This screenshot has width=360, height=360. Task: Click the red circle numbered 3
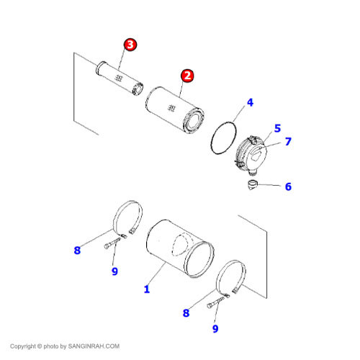pyautogui.click(x=130, y=45)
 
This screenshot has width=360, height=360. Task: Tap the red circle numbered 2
pyautogui.click(x=187, y=76)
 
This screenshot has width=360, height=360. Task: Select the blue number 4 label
pyautogui.click(x=250, y=102)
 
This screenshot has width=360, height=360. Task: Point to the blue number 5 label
pyautogui.click(x=277, y=128)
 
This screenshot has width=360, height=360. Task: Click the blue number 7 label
pyautogui.click(x=288, y=141)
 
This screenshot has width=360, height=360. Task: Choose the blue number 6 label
pyautogui.click(x=288, y=186)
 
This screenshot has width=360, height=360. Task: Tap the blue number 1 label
pyautogui.click(x=147, y=289)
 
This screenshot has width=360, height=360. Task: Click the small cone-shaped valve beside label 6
pyautogui.click(x=253, y=185)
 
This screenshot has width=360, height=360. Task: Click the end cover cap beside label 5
pyautogui.click(x=251, y=155)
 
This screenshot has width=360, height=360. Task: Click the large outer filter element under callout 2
pyautogui.click(x=175, y=109)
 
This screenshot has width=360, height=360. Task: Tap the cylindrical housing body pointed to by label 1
pyautogui.click(x=180, y=248)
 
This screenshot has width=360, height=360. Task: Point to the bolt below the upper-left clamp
pyautogui.click(x=113, y=243)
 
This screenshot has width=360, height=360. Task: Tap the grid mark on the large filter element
pyautogui.click(x=171, y=108)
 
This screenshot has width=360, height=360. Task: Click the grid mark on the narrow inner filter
pyautogui.click(x=118, y=78)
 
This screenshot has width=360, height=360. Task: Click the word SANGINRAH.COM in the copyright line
pyautogui.click(x=94, y=346)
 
